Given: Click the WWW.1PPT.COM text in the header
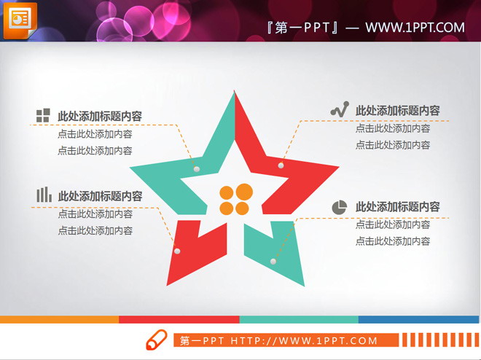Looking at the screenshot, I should point(415,28).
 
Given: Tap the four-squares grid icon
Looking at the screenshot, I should point(42,115).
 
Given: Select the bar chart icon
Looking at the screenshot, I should point(44,195).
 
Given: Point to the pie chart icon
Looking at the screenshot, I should point(339,207).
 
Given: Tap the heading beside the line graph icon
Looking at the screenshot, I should point(397,111).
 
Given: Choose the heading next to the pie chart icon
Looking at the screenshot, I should point(397,207).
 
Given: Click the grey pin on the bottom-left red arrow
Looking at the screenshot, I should point(176,251).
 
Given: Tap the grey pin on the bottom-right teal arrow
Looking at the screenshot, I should point(274,261).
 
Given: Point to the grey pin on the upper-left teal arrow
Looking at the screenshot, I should point(197,169).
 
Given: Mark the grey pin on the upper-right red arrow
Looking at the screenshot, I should point(281,167).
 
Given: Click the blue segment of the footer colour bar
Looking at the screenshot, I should point(419,319).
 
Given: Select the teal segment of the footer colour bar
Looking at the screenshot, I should point(299,319).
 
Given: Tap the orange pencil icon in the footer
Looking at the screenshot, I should point(157,340).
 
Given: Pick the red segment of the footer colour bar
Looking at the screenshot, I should point(179,319).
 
